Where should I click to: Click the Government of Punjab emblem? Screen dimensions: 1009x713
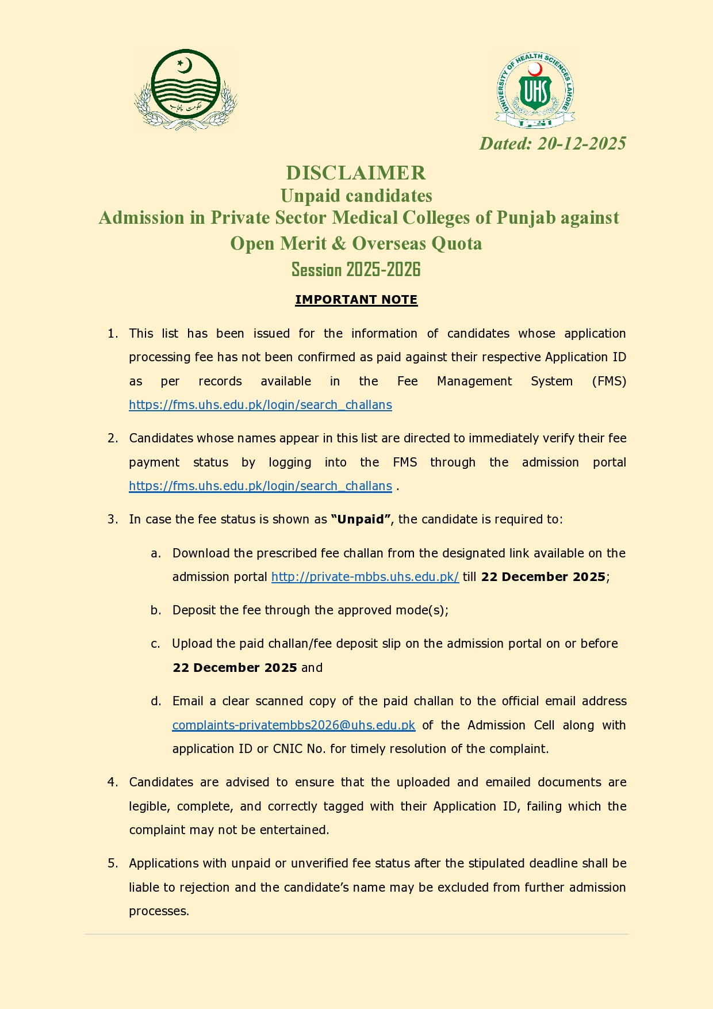click(x=185, y=89)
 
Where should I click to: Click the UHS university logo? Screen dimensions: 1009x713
click(x=535, y=90)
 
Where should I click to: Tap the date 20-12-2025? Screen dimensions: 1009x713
click(x=581, y=143)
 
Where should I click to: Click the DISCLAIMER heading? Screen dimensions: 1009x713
click(x=356, y=173)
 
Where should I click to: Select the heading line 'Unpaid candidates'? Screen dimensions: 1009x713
click(x=356, y=196)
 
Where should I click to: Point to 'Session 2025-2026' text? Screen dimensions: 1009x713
click(x=356, y=269)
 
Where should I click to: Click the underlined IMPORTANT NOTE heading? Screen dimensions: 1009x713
click(x=356, y=300)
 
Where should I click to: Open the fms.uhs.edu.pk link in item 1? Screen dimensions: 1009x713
click(x=260, y=405)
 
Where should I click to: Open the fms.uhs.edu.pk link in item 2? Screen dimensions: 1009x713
click(x=260, y=486)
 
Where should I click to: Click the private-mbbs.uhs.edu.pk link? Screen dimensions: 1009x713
click(x=365, y=577)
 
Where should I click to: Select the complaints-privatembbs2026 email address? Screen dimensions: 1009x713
click(x=293, y=725)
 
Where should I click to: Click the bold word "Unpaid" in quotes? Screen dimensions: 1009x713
click(x=361, y=519)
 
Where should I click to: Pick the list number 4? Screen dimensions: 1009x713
click(x=112, y=782)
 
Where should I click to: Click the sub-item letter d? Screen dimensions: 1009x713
click(x=156, y=701)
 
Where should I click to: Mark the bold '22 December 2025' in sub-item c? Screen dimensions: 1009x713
click(x=235, y=668)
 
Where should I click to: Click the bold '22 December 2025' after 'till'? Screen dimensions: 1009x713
click(x=543, y=577)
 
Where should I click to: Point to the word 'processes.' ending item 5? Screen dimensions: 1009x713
click(x=159, y=911)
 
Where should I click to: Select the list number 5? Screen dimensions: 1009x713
click(x=112, y=863)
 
